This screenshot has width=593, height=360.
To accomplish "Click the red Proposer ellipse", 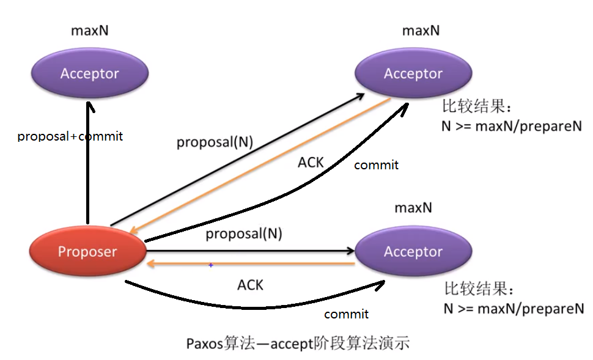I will (87, 251).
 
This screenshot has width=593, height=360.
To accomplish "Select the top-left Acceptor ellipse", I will (89, 73).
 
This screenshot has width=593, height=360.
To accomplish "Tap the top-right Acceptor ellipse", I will (413, 73).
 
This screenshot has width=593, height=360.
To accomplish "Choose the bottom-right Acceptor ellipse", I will (413, 251).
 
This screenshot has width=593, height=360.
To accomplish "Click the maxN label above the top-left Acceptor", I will (89, 31).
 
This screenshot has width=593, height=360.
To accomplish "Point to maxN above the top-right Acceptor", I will (421, 31).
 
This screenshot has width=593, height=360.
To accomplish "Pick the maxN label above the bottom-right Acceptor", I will (413, 208).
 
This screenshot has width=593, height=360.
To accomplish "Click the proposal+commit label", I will (70, 136).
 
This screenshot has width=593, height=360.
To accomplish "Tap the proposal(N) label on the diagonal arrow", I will (215, 142).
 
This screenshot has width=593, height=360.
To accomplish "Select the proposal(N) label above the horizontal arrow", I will (243, 233).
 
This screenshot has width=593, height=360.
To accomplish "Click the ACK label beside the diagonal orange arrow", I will (311, 163).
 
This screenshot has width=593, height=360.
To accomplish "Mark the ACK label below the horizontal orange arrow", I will (250, 285).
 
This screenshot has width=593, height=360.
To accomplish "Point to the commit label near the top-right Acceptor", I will (376, 165).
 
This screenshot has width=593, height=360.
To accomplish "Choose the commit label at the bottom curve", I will (346, 314).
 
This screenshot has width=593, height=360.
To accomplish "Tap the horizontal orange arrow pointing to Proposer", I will (257, 264).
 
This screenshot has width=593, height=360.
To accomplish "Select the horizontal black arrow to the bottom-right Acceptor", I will (257, 251).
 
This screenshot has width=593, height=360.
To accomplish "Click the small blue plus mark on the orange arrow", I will (211, 265).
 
